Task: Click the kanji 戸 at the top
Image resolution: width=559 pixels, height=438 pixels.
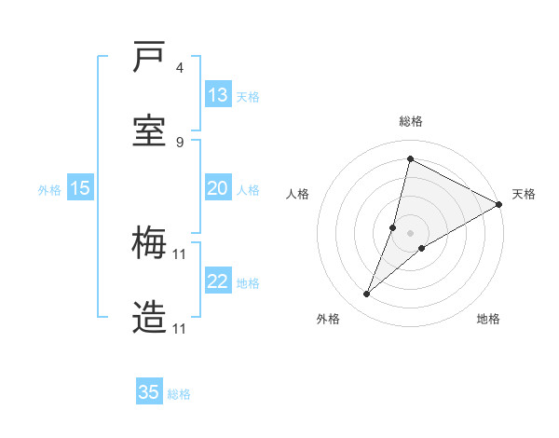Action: click(149, 58)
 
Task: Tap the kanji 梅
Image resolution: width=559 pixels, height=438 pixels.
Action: click(149, 245)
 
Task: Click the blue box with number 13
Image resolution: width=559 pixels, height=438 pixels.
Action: click(218, 95)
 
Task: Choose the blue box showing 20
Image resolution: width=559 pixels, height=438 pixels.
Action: click(218, 188)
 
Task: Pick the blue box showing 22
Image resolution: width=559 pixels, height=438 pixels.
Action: click(218, 281)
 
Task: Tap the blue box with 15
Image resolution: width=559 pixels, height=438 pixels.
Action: click(80, 188)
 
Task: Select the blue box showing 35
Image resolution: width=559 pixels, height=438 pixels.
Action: click(149, 392)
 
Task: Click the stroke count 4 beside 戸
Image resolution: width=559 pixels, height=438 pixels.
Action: click(180, 68)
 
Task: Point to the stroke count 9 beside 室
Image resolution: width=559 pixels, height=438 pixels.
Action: click(180, 142)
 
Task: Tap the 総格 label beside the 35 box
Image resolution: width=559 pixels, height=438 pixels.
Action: click(179, 394)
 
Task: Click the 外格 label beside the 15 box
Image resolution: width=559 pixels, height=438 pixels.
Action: click(49, 189)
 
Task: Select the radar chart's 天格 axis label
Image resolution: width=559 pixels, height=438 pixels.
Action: click(524, 194)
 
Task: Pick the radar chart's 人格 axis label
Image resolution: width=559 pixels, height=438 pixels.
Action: click(297, 194)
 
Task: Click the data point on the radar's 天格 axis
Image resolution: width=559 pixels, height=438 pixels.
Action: click(498, 204)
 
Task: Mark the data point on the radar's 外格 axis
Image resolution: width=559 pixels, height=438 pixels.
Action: click(367, 294)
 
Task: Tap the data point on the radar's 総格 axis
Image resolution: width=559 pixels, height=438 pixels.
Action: click(410, 158)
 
